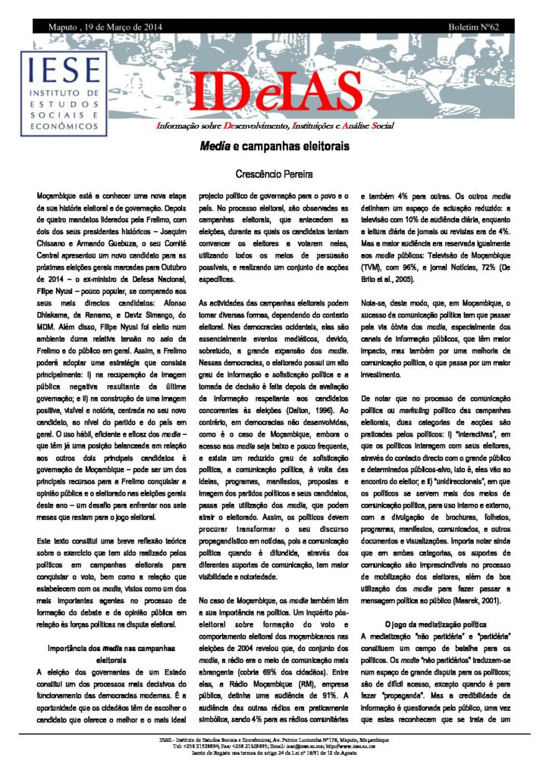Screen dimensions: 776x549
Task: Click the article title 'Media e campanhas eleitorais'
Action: [274, 147]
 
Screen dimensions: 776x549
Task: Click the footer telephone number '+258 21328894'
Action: [205, 746]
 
